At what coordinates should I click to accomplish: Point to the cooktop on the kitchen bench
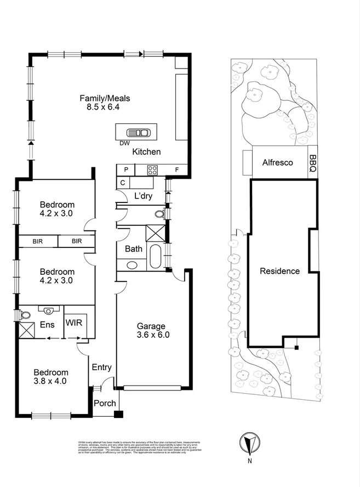point(153,170)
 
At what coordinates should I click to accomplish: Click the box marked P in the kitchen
point(125,170)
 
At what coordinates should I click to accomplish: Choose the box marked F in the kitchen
point(176,170)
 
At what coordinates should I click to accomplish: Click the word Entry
point(101,367)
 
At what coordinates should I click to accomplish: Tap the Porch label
point(105,403)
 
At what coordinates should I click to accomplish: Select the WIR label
point(74,322)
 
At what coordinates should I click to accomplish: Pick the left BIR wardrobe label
point(37,241)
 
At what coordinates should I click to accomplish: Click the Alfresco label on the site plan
point(277,163)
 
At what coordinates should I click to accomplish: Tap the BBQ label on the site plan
point(312,163)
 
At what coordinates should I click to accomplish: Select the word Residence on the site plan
point(279,271)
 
